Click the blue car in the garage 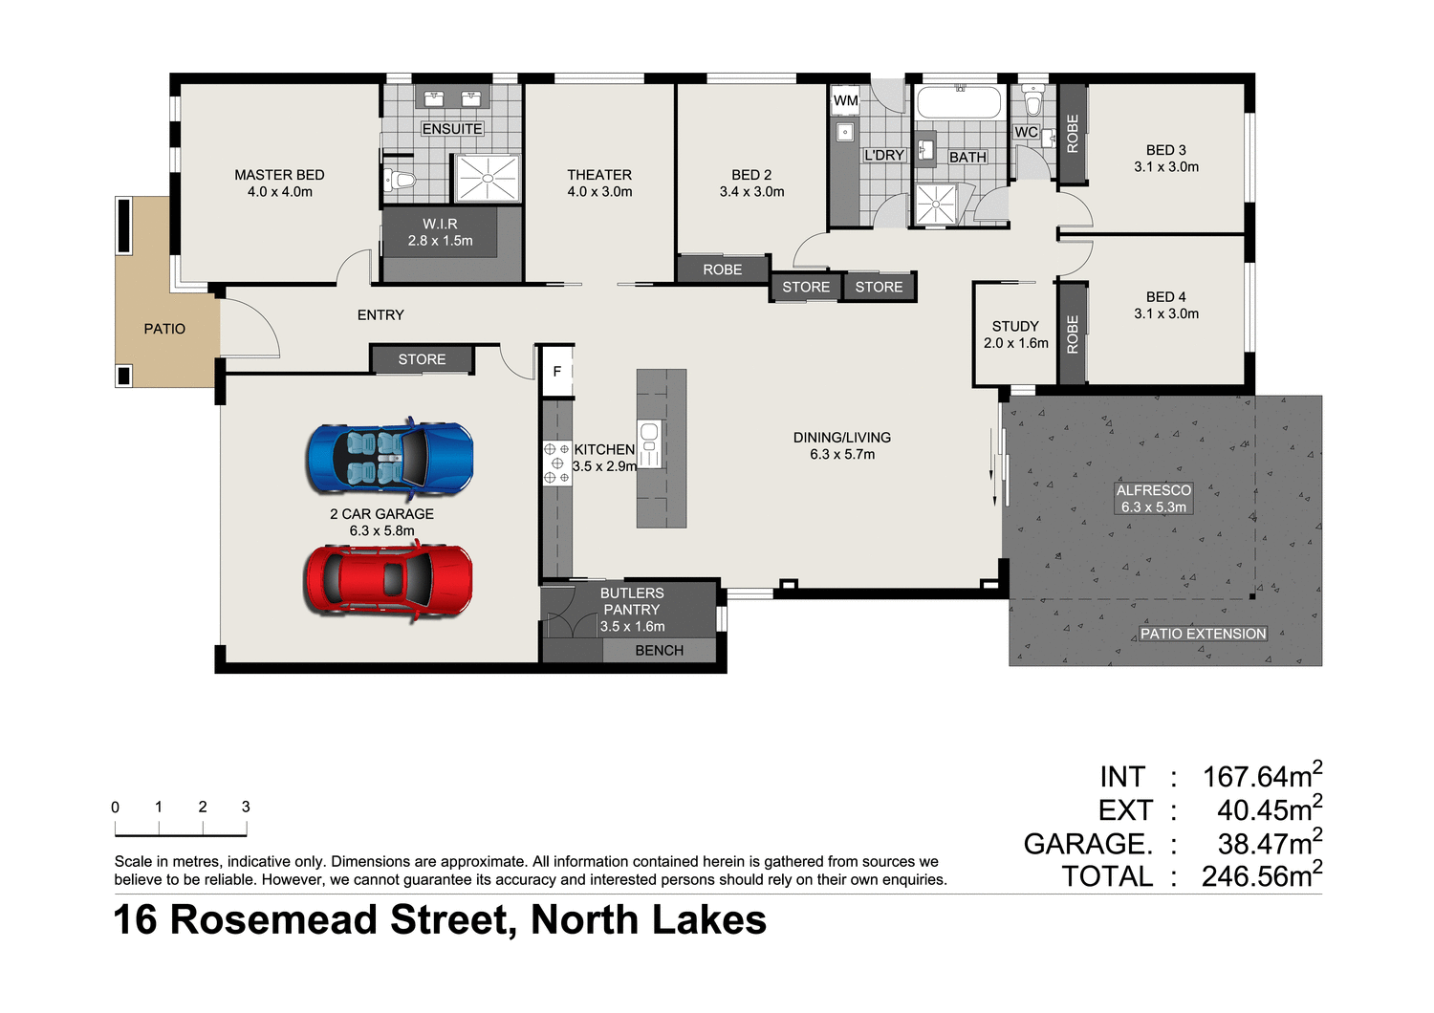click(389, 459)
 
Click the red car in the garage click(388, 579)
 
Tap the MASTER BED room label click(279, 175)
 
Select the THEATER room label click(599, 175)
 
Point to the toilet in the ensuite click(400, 180)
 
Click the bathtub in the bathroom click(958, 102)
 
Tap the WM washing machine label click(845, 100)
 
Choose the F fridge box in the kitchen click(557, 371)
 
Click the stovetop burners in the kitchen click(556, 463)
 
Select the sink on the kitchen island click(649, 442)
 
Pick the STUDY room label click(1015, 326)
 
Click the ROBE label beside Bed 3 click(1072, 134)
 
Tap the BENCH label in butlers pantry click(659, 651)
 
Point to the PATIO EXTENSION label click(1203, 634)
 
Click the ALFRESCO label click(1154, 490)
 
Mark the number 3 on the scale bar click(246, 807)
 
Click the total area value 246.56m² click(1261, 875)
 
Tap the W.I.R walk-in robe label click(440, 224)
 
